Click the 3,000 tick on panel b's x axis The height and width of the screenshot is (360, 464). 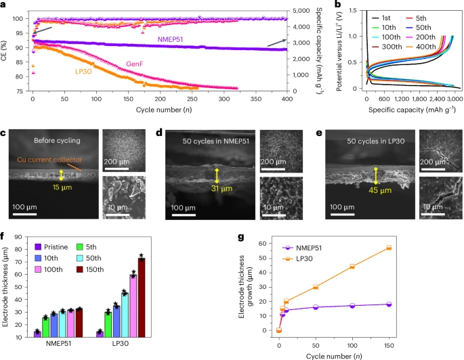point(454,98)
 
